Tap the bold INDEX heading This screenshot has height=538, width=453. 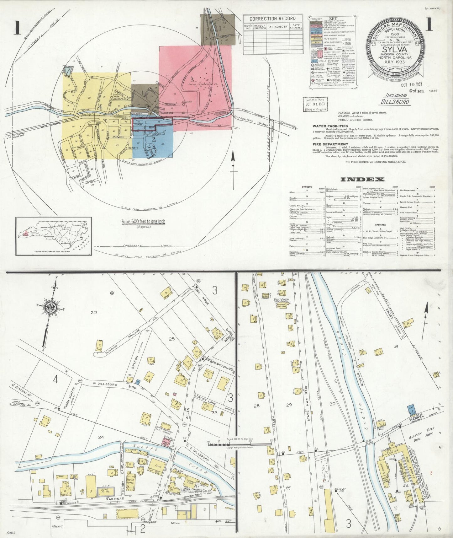[x=362, y=180]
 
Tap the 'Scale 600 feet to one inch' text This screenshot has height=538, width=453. [x=143, y=222]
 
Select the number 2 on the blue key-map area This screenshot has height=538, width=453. [x=154, y=140]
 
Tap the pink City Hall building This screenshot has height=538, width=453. [x=166, y=443]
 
